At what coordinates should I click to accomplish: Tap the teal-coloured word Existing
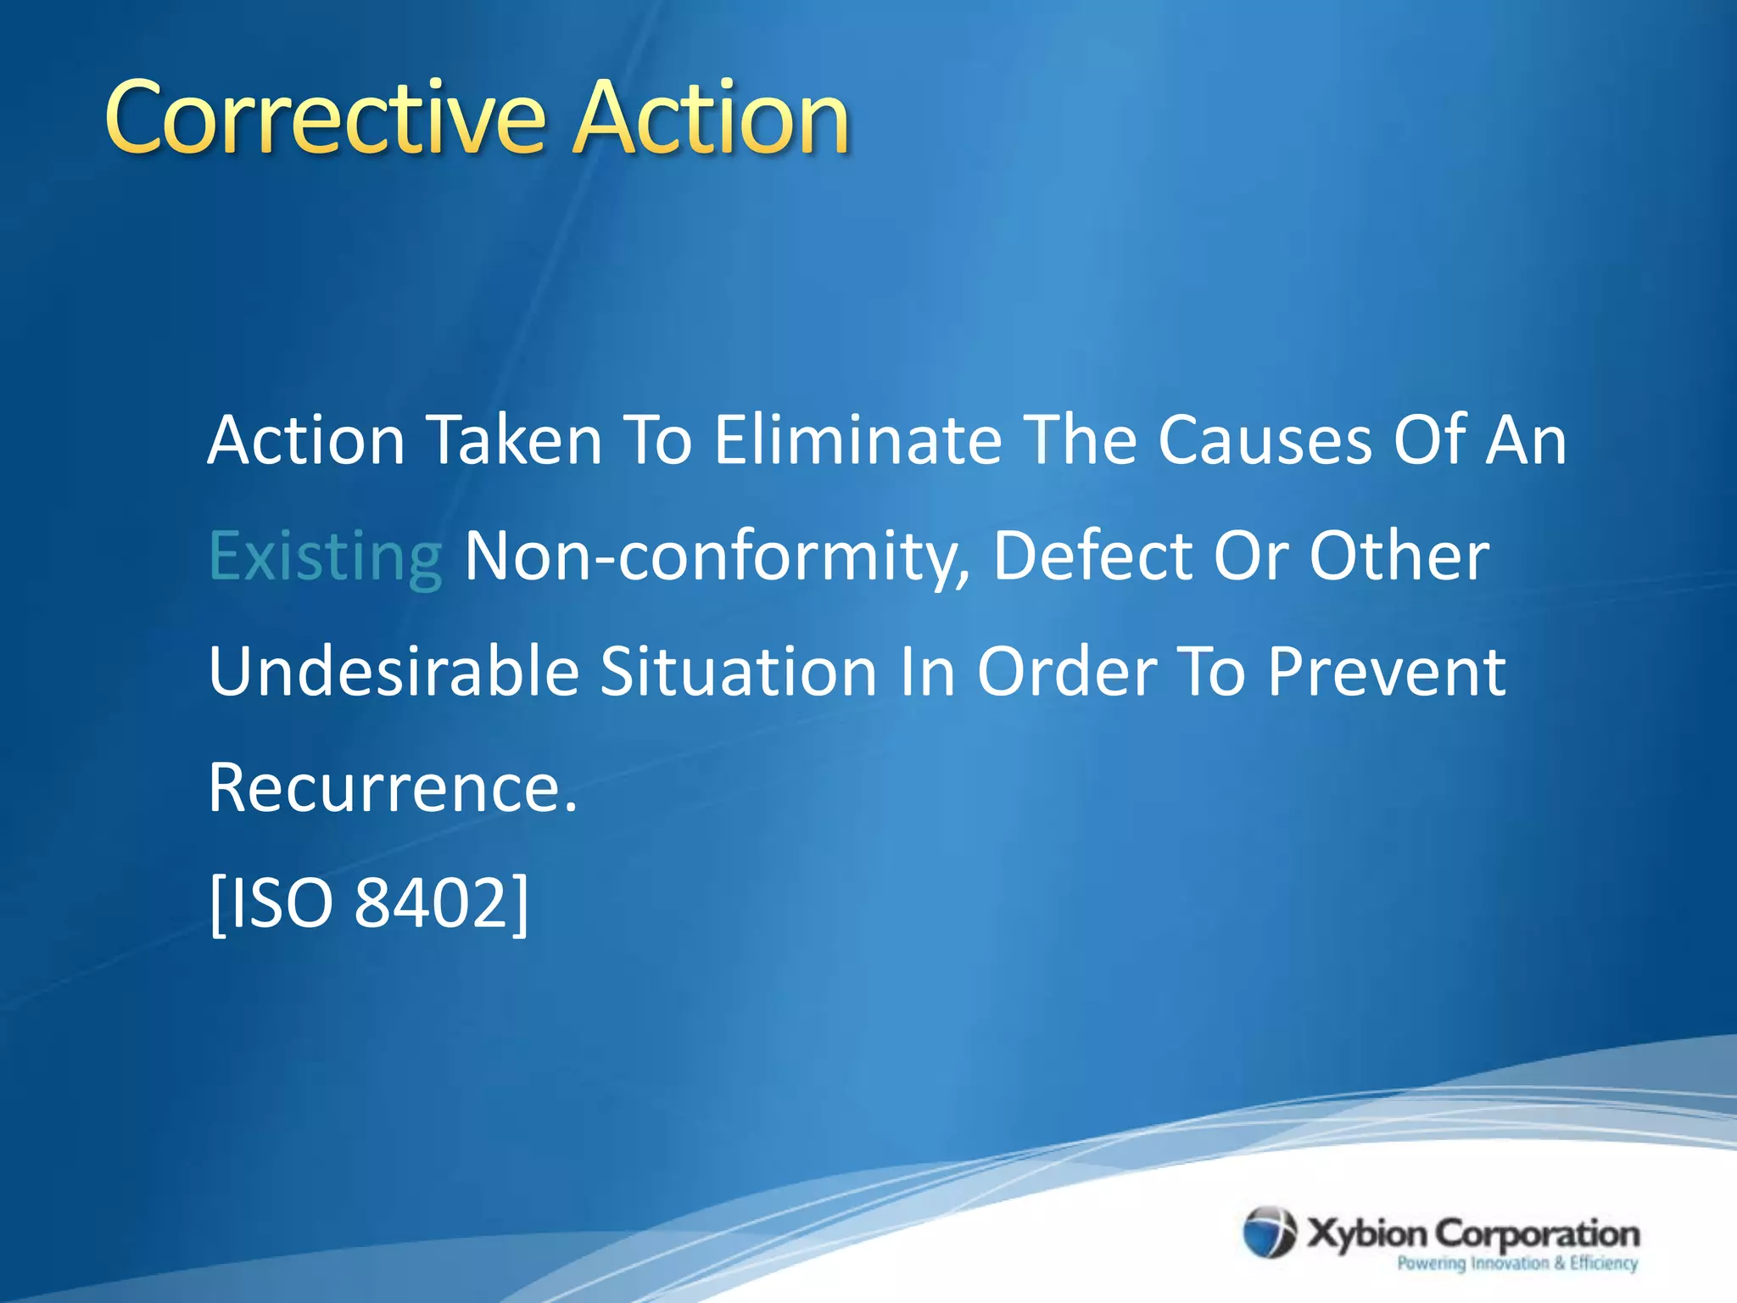325,557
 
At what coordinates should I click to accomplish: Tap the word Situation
738,671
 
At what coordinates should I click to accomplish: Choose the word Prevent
1386,671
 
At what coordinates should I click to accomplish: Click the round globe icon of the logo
1270,1233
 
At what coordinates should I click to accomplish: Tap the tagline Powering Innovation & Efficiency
1517,1264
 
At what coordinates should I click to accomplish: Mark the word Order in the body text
1067,671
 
